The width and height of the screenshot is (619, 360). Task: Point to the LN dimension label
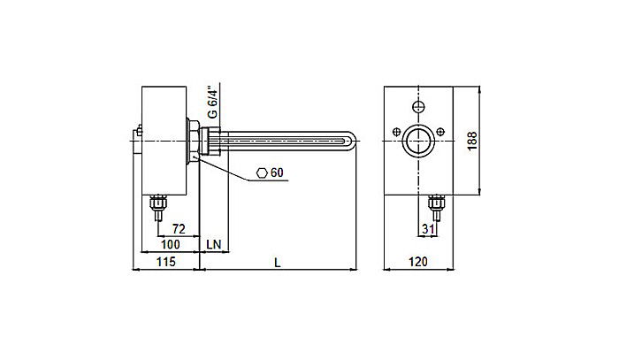tap(213, 244)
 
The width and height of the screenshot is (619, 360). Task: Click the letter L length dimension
tap(279, 263)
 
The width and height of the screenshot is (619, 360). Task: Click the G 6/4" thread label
tap(211, 102)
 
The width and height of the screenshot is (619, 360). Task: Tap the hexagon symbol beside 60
tap(261, 172)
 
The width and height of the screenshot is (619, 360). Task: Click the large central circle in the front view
tap(417, 140)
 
